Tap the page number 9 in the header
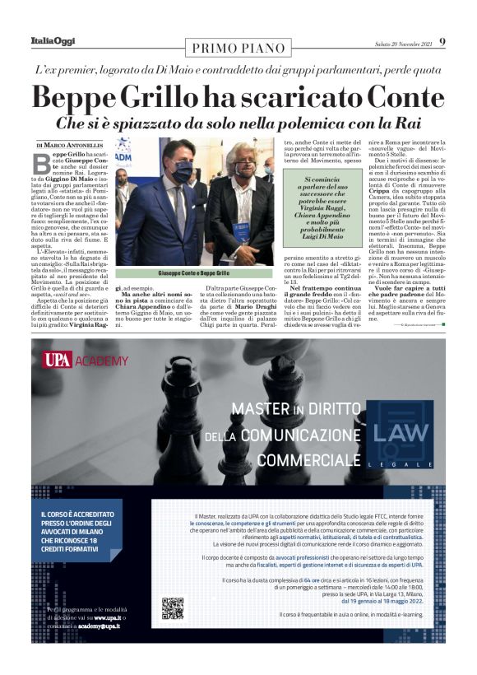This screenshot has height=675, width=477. click(x=442, y=41)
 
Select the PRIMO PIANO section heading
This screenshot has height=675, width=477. click(x=238, y=46)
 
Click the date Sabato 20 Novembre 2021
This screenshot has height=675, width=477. click(x=402, y=42)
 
